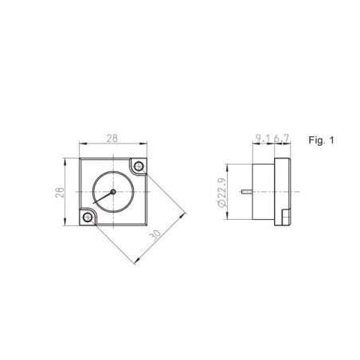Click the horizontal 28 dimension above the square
[x=112, y=139]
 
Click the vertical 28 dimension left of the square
[x=61, y=192]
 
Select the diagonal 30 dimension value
[x=155, y=235]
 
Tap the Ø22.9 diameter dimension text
[x=221, y=192]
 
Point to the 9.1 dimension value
[x=263, y=138]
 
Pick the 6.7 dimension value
[x=281, y=138]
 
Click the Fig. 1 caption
[x=321, y=140]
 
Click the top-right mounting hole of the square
[x=139, y=166]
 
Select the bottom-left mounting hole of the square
[x=88, y=217]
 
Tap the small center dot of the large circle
[x=113, y=191]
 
